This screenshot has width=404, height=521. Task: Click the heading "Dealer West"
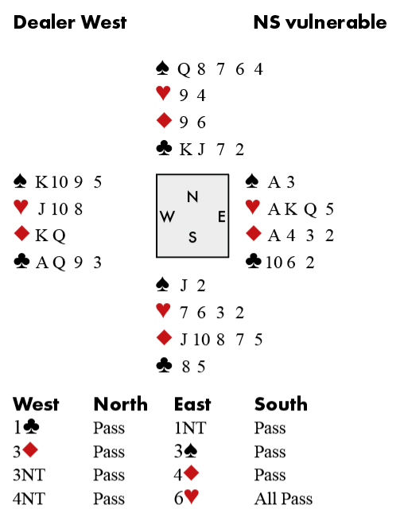point(70,22)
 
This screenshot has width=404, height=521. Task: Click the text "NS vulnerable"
point(320,22)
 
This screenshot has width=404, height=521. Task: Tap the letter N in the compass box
point(192,196)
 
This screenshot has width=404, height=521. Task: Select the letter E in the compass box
point(222,216)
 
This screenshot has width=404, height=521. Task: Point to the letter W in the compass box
point(167,216)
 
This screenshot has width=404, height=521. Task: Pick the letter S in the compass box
point(192,237)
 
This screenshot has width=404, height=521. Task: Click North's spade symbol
point(162,68)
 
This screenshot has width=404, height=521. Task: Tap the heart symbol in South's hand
point(163,311)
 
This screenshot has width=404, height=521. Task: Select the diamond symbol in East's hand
point(254,234)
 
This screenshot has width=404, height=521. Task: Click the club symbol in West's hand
point(21,261)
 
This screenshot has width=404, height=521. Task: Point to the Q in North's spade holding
point(184,70)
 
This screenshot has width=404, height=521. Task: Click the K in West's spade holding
point(42,182)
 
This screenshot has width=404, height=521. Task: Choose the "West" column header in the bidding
point(36,404)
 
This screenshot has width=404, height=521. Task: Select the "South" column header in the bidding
point(281,404)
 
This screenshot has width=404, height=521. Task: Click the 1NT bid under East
point(190,428)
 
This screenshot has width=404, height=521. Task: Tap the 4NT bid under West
point(29,499)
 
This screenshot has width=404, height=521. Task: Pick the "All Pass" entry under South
point(283,499)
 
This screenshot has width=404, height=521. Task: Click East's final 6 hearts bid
point(187,497)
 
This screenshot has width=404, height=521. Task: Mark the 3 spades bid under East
point(186,451)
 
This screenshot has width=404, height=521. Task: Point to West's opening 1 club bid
point(26,427)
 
